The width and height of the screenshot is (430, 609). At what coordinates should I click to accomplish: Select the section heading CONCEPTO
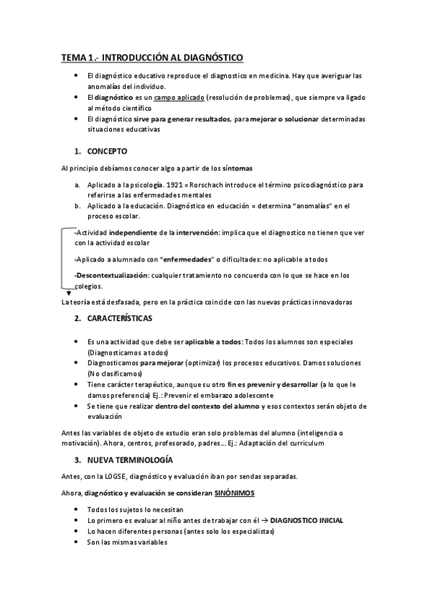[x=107, y=151]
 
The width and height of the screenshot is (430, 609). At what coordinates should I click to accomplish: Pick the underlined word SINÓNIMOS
[x=234, y=493]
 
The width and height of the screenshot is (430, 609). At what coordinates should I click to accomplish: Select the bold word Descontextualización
[x=111, y=275]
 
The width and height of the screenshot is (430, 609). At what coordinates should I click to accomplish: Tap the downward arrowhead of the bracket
[x=68, y=293]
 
